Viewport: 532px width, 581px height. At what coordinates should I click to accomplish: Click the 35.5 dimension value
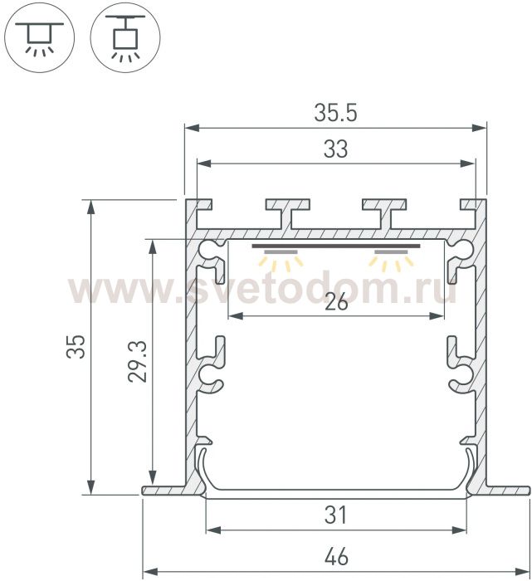point(335,113)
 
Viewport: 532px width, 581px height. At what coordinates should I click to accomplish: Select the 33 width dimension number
point(335,149)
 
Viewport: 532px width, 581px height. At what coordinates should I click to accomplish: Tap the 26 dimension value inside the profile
point(336,302)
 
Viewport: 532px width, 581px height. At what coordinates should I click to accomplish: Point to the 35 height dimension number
point(76,346)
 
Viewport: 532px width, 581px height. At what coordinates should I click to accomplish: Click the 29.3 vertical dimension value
point(138,362)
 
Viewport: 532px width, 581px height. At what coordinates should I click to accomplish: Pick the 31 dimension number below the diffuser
point(335,515)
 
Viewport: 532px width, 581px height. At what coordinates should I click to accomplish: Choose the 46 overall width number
point(336,557)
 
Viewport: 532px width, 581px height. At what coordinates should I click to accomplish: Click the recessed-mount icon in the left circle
point(39,37)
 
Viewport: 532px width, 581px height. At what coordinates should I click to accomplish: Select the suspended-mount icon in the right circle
point(125,37)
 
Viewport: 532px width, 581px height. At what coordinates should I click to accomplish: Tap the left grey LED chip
point(281,252)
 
